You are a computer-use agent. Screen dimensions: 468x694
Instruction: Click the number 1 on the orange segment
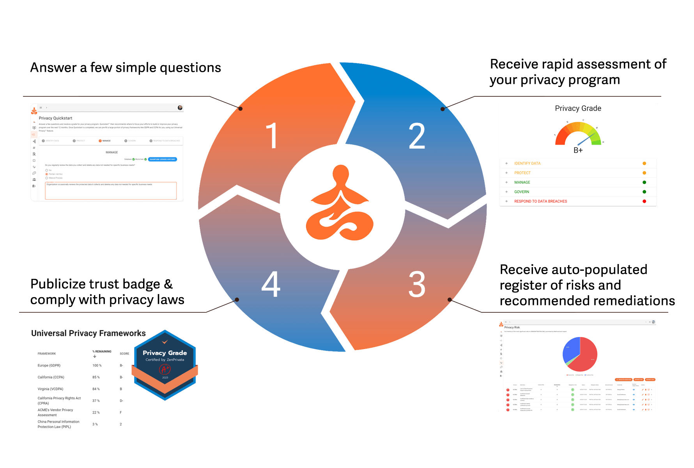click(x=272, y=136)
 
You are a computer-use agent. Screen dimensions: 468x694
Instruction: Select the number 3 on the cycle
click(x=417, y=284)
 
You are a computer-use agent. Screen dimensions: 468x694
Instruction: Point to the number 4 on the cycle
click(x=271, y=284)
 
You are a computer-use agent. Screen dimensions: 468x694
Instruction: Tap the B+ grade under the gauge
click(x=578, y=150)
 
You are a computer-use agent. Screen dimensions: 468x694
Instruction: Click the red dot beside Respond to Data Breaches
click(x=644, y=201)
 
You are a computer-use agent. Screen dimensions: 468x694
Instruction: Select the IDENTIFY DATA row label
click(x=527, y=163)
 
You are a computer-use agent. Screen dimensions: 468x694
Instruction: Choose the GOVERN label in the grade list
click(x=522, y=192)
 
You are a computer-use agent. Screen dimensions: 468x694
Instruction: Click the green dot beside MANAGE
click(x=644, y=183)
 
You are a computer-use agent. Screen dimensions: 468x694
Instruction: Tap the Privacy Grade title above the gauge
click(x=578, y=108)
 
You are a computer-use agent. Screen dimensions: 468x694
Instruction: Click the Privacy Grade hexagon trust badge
click(x=165, y=365)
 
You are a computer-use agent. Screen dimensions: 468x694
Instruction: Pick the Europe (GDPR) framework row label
click(x=49, y=365)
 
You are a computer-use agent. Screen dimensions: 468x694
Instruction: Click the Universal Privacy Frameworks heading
click(x=89, y=333)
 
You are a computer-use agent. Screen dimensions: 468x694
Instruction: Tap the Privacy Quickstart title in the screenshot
click(x=55, y=118)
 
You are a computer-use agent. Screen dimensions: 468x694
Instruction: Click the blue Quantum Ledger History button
click(x=163, y=159)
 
